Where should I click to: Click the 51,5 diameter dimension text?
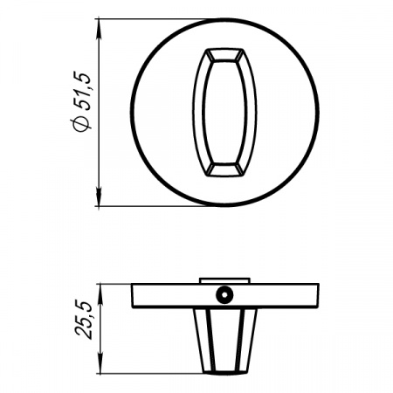[x=82, y=91]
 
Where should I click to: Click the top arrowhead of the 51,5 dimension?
[x=99, y=29]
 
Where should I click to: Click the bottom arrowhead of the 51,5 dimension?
[x=99, y=196]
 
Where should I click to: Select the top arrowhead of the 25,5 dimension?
[x=99, y=293]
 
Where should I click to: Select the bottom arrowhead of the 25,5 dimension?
[x=99, y=362]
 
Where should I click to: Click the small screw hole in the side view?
[x=224, y=294]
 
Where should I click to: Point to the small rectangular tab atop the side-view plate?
[x=224, y=280]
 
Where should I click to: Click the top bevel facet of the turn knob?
[x=224, y=55]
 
